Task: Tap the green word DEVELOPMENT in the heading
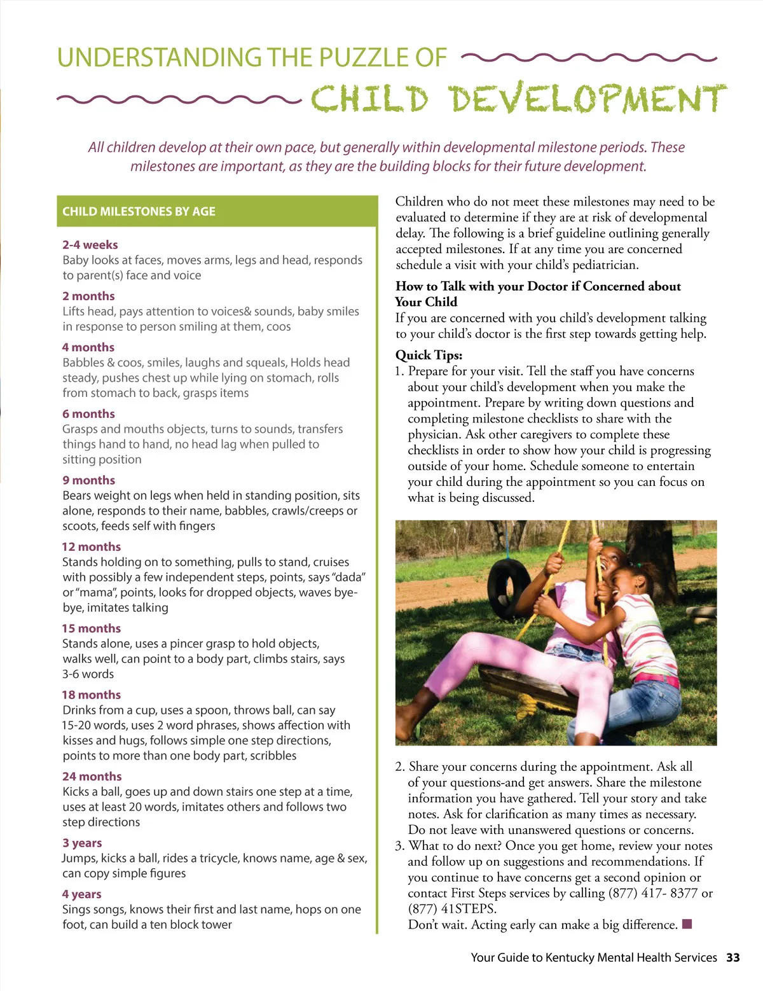point(588,99)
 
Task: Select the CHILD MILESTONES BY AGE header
point(139,211)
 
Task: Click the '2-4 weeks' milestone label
point(90,245)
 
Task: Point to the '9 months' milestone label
point(88,480)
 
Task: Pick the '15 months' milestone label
point(91,628)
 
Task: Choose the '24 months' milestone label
point(92,777)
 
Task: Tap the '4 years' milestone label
point(81,894)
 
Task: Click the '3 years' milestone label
point(81,843)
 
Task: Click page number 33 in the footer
point(732,957)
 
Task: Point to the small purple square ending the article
point(687,924)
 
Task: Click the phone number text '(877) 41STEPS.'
point(452,909)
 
